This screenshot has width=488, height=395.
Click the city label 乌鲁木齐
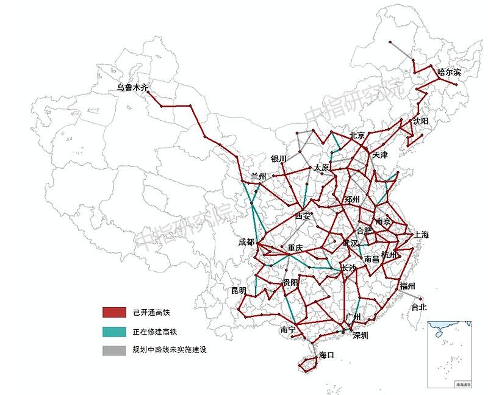pos(132,88)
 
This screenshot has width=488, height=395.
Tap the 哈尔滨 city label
pos(449,72)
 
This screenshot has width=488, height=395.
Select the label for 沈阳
pos(420,121)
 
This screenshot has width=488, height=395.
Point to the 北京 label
pos(357,135)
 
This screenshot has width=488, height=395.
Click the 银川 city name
pos(279,158)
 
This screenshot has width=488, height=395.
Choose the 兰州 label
pos(259,176)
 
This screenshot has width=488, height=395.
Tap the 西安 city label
pos(303,216)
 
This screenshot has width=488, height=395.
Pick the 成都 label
pos(246,242)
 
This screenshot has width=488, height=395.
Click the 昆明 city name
pos(239,290)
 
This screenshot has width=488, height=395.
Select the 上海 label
pos(422,235)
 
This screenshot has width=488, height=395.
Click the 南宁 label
pos(288,330)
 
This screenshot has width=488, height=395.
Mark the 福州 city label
pos(407,286)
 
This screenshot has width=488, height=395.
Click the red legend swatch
pos(113,313)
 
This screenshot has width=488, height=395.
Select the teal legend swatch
pos(113,332)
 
